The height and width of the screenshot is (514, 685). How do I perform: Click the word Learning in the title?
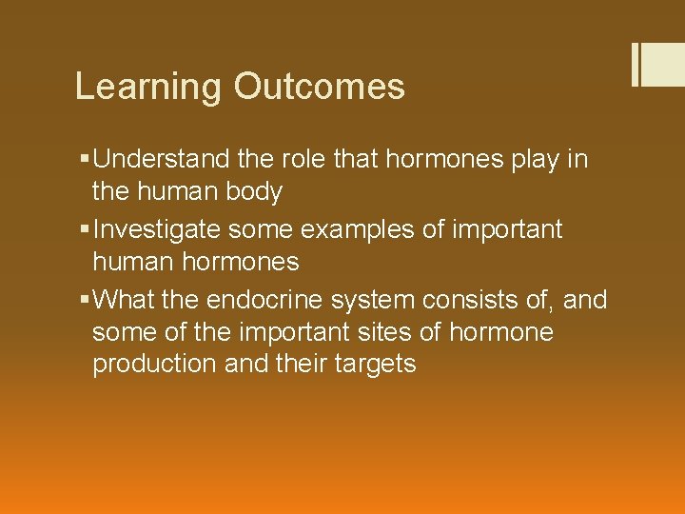coord(149,87)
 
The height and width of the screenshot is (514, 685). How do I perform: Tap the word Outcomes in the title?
coord(319,87)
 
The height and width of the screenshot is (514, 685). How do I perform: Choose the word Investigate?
coord(167,229)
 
